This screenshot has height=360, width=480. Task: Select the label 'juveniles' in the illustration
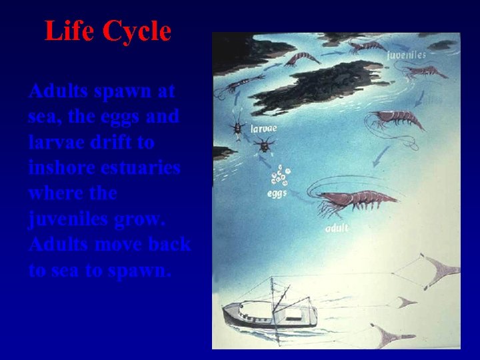(x=406, y=55)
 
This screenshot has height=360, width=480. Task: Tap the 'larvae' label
(x=264, y=127)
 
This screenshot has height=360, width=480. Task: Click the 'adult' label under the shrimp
(x=338, y=229)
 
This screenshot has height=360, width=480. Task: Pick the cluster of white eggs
(x=280, y=177)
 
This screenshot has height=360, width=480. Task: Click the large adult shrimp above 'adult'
(x=353, y=199)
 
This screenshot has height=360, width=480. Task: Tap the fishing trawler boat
(x=267, y=313)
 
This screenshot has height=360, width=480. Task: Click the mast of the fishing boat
(x=273, y=293)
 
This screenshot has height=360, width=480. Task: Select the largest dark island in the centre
(x=313, y=87)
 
